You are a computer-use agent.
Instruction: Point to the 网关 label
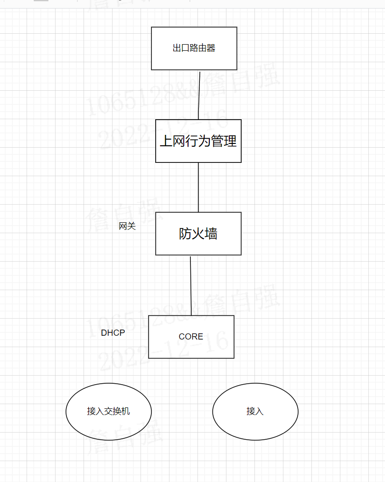127,227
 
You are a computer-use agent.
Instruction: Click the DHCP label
113,333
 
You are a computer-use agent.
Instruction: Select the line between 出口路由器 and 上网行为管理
199,95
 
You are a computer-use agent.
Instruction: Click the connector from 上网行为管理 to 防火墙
198,187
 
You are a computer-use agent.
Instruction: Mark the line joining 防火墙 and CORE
191,285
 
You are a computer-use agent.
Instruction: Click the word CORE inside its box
191,337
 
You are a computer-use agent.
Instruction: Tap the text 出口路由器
194,48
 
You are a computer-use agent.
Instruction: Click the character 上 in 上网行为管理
166,141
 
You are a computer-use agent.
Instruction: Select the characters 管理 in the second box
224,141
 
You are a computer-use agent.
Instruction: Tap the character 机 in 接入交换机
125,411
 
